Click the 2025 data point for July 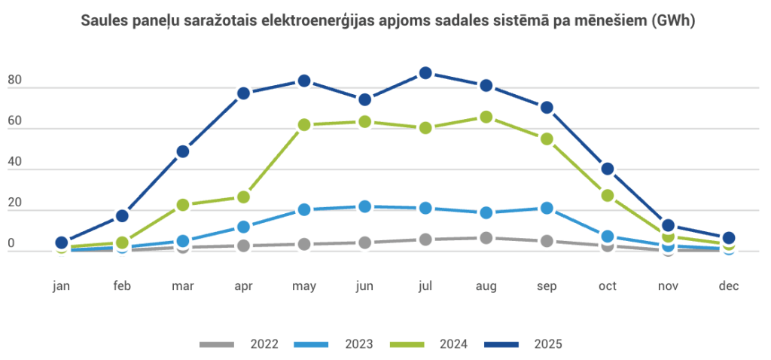[x=425, y=73]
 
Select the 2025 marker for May [x=304, y=81]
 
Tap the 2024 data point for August [x=486, y=117]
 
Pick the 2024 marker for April [x=243, y=197]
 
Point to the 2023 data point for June [x=364, y=206]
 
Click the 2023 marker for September [x=547, y=208]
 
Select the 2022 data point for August [x=486, y=238]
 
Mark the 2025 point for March [x=182, y=151]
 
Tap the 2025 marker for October [x=607, y=169]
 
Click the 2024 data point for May [x=304, y=125]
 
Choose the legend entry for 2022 [x=239, y=344]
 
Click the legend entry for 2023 [x=334, y=344]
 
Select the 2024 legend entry [x=429, y=344]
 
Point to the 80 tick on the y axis [x=14, y=81]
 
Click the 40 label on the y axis [x=14, y=162]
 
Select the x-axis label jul [x=425, y=286]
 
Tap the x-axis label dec [x=728, y=286]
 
